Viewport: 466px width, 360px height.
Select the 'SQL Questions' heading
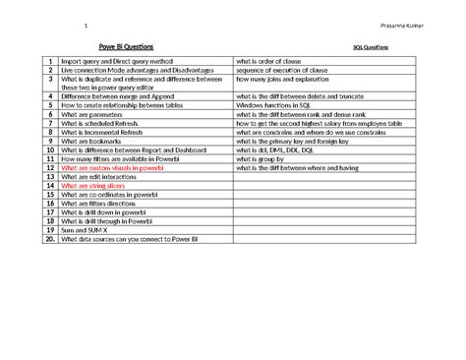click(371, 46)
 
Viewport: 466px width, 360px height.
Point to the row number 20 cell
click(48, 238)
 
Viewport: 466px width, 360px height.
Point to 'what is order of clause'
click(274, 61)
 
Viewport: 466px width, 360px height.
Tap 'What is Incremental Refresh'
click(101, 133)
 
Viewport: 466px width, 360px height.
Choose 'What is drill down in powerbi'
click(104, 211)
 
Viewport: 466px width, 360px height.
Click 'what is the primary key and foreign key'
click(296, 142)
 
